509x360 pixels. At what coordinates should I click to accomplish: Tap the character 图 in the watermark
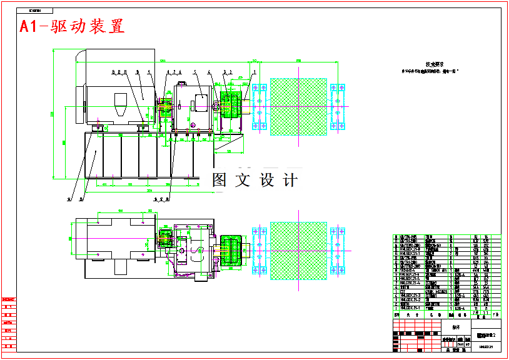coord(219,180)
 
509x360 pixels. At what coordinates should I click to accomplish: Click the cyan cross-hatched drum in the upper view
coord(298,106)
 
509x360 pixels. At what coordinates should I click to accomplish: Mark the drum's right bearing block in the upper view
coord(337,106)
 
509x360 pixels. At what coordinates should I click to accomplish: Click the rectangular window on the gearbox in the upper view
coord(203,103)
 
